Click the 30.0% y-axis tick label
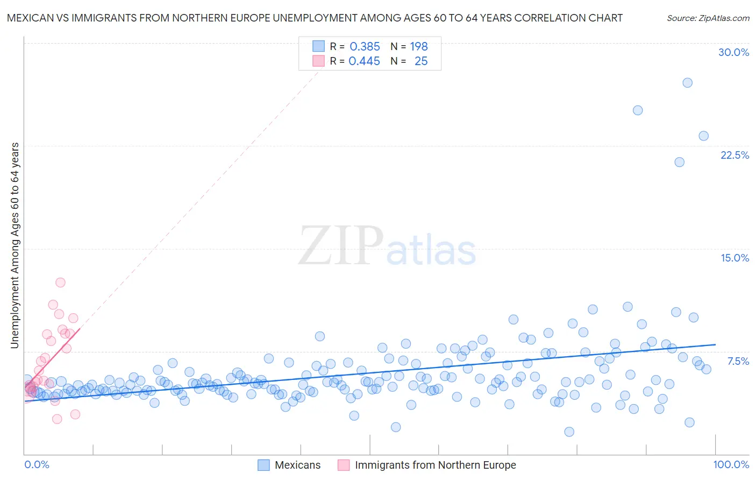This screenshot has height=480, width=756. click(733, 52)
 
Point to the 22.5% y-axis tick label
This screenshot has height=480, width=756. click(734, 155)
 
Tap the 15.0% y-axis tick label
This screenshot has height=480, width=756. click(734, 258)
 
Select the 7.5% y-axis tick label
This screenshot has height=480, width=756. click(738, 361)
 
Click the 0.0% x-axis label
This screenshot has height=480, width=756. click(37, 464)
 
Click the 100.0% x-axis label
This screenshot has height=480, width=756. click(731, 464)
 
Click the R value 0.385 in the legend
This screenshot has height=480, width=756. click(365, 46)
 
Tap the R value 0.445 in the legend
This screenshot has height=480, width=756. click(364, 61)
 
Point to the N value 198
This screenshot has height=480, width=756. click(418, 46)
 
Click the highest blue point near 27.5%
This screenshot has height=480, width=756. click(687, 83)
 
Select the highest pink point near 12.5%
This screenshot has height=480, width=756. click(60, 283)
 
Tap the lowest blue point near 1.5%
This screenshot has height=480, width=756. click(569, 432)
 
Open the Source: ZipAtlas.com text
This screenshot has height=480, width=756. click(708, 18)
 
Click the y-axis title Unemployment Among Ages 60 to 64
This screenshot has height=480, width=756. click(15, 245)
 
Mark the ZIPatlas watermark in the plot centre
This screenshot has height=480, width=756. click(387, 246)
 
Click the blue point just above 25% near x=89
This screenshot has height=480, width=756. click(638, 110)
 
